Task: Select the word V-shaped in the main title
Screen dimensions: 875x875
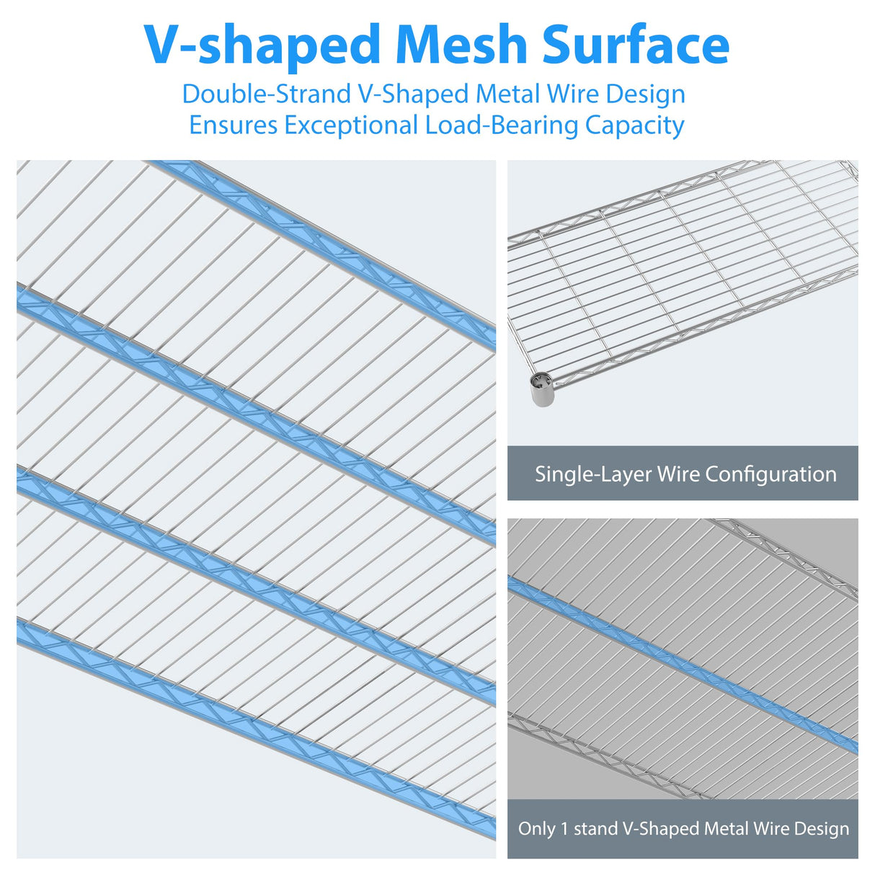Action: pos(262,46)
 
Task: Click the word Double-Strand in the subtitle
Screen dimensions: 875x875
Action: pos(266,94)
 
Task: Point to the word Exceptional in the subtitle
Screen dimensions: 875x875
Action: pos(351,125)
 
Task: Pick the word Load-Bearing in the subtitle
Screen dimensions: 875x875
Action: pos(502,126)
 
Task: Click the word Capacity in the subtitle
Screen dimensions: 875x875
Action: pos(634,126)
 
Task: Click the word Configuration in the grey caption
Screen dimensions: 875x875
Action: pos(770,474)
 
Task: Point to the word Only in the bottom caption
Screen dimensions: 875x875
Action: pos(536,829)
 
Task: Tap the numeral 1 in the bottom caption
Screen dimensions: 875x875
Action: pos(564,829)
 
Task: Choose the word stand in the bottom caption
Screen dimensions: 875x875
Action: pos(595,829)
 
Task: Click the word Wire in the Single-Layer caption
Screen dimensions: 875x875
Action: pos(678,474)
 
